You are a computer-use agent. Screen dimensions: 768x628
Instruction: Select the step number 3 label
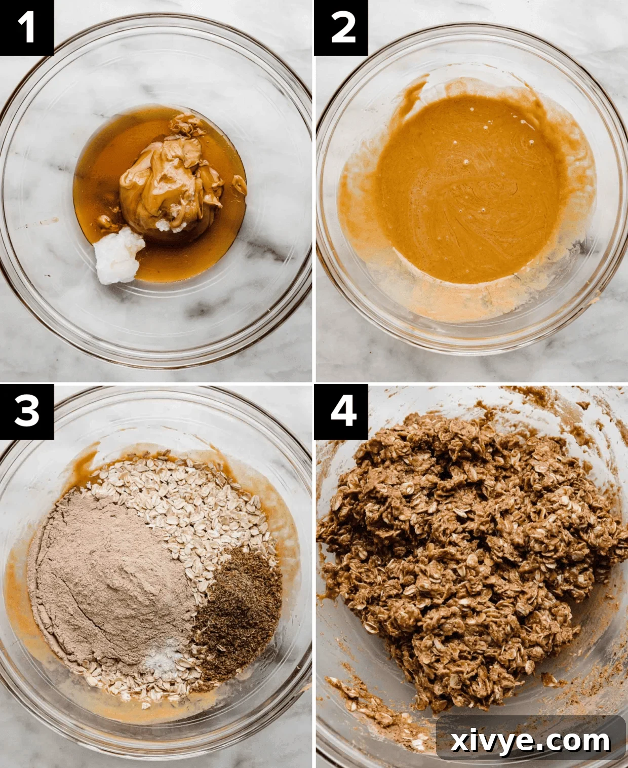pyautogui.click(x=26, y=411)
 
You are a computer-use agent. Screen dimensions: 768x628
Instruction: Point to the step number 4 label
pyautogui.click(x=341, y=411)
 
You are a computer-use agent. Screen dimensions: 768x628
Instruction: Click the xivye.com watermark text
pyautogui.click(x=530, y=741)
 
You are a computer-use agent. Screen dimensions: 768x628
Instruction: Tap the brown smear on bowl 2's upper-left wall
pyautogui.click(x=413, y=94)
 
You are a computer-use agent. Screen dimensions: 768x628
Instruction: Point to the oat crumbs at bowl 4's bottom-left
pyautogui.click(x=365, y=704)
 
